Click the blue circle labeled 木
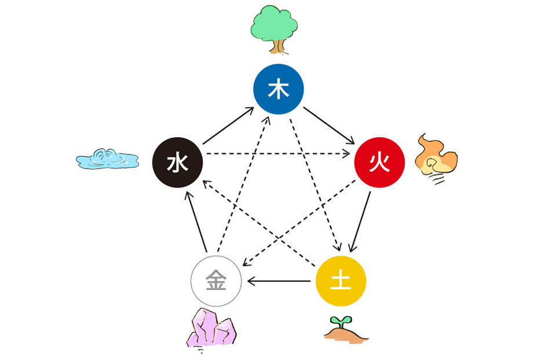279,89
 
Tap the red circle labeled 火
379,163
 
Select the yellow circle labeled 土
341,281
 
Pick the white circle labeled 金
216,281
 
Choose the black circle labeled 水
177,163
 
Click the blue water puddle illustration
107,159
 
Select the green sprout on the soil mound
340,321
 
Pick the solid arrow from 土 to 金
279,281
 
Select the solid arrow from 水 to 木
228,126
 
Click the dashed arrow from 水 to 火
278,154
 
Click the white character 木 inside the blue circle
279,89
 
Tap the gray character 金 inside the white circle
216,281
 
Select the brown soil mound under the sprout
346,334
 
